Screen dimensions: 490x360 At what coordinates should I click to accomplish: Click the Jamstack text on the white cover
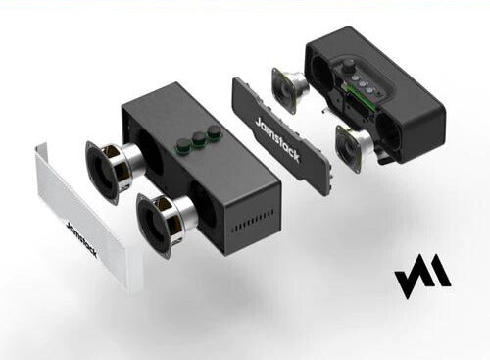[81, 239]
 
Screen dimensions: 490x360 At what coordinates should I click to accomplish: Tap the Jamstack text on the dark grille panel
[277, 139]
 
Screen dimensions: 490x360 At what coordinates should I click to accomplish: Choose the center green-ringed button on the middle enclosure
[199, 139]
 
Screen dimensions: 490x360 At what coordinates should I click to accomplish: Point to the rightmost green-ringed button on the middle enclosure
[214, 131]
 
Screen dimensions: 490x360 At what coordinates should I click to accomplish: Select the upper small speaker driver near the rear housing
[290, 88]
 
